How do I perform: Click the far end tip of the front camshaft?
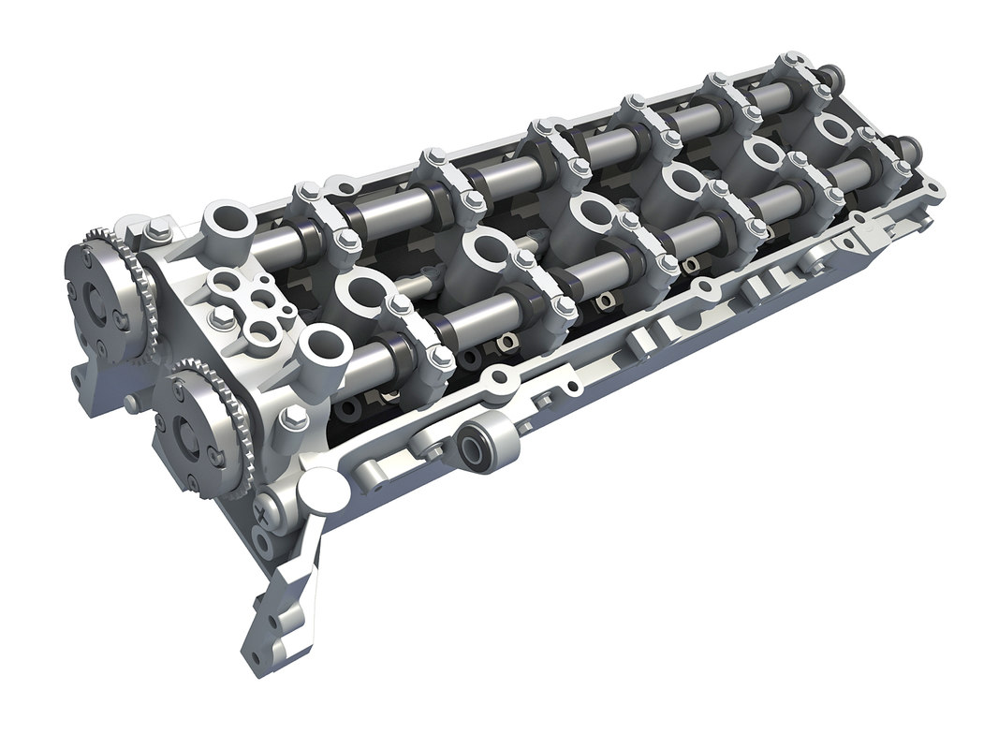[x=911, y=150]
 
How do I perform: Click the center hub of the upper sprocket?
[x=96, y=298]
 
